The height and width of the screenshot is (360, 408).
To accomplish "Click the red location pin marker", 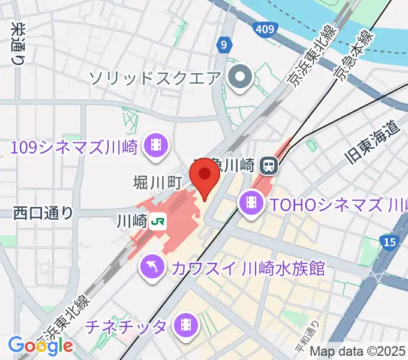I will tap(203, 175).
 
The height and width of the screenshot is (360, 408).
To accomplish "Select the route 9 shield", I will tap(224, 44).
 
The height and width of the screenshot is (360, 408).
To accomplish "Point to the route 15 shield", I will tap(389, 242).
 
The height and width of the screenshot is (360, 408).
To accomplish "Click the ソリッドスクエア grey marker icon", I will tap(241, 77).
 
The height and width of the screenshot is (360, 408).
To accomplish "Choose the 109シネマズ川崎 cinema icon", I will tap(156, 145).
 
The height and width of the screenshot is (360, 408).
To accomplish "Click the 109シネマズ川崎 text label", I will tap(75, 146).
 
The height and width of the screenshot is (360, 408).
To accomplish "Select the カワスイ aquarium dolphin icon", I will tap(152, 267).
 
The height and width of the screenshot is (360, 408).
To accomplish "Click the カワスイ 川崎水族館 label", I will tap(247, 268).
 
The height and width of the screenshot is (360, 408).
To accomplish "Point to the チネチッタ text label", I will tap(126, 327).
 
